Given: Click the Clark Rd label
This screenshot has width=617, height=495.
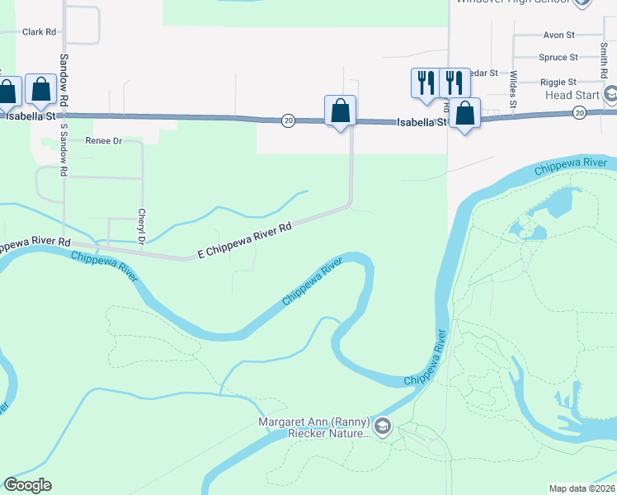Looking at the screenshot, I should (x=39, y=32).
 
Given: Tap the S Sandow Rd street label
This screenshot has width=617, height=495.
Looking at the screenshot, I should (x=64, y=148).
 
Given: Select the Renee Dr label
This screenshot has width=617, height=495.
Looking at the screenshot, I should (x=104, y=141).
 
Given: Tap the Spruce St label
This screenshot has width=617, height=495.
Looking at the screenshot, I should (x=558, y=57).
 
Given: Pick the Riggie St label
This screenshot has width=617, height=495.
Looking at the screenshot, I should (x=558, y=82).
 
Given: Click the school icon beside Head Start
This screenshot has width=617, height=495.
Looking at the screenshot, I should (x=611, y=94).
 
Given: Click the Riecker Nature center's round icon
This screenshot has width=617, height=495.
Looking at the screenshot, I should (x=382, y=427).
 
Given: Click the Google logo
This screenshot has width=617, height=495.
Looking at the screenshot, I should (x=27, y=485).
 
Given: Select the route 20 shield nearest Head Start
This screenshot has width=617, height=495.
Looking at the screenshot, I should (x=580, y=112).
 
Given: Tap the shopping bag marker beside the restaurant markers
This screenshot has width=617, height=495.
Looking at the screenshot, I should (x=465, y=113).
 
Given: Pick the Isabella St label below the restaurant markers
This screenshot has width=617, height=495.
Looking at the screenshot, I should (x=422, y=122).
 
